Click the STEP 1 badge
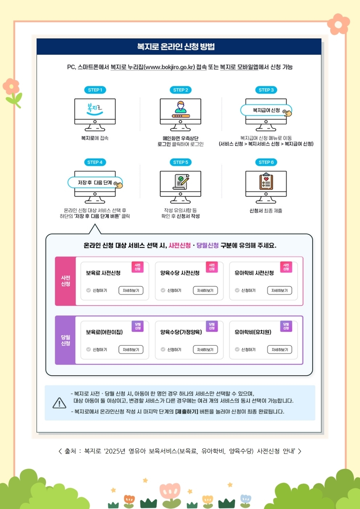click(x=95, y=90)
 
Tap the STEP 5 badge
click(x=180, y=162)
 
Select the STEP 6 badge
click(x=266, y=162)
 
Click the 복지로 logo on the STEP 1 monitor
click(x=95, y=109)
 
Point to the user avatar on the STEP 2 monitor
click(x=180, y=107)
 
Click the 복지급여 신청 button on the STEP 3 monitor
click(x=266, y=110)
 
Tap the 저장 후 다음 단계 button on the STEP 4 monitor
click(x=95, y=182)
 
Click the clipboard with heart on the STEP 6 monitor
click(x=266, y=182)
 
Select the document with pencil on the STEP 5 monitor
click(x=181, y=182)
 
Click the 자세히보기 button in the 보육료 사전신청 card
click(x=131, y=290)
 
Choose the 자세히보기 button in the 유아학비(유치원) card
click(x=279, y=349)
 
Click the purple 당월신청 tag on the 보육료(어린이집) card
click(x=138, y=326)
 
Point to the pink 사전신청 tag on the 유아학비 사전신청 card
click(x=286, y=267)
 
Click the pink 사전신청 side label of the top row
click(x=66, y=281)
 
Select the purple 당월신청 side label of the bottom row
click(x=66, y=340)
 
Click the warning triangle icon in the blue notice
click(x=59, y=403)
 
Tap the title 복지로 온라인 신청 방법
click(x=176, y=47)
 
